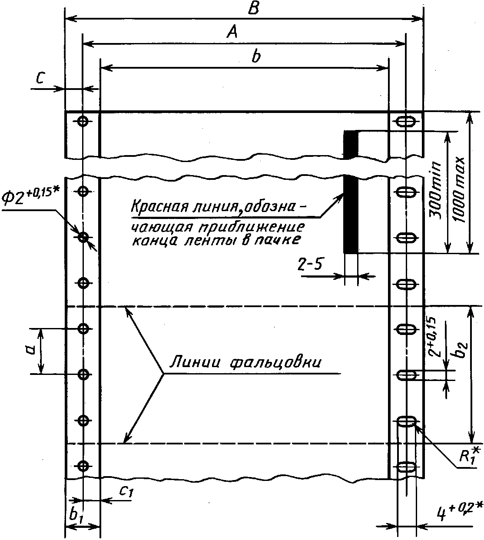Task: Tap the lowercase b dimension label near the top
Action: tap(256, 57)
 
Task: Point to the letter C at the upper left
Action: tap(40, 79)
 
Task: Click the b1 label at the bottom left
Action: tap(76, 515)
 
